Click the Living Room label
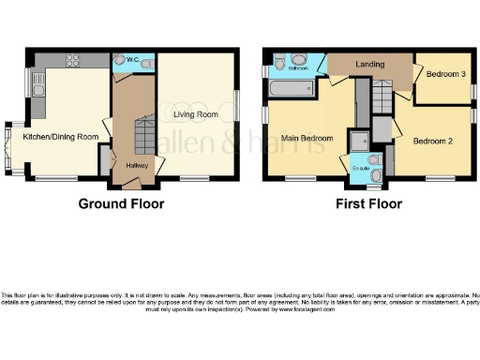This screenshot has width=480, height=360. point(196,114)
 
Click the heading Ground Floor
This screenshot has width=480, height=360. point(121,203)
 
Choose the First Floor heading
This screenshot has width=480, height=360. point(370,203)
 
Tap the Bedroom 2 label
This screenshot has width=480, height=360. point(432,142)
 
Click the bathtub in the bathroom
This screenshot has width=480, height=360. point(291,88)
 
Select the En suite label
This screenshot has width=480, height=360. point(360,168)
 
